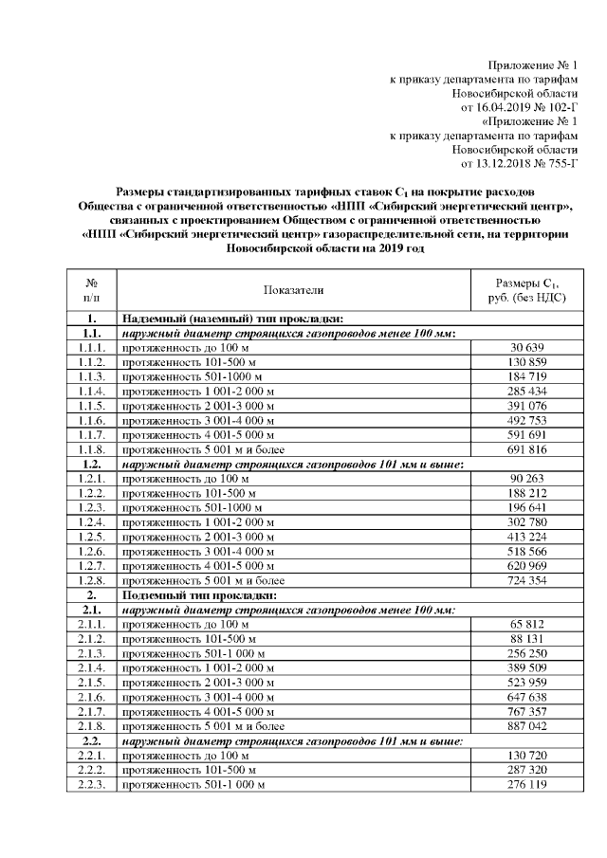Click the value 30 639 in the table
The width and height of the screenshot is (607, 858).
coord(526,349)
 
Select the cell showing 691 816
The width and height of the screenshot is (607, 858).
coord(526,448)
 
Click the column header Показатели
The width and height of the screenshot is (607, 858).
coord(293,290)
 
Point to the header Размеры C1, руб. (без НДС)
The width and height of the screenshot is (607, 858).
coord(526,290)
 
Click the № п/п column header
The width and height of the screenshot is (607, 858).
coord(92,290)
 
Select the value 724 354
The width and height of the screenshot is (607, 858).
coord(526,579)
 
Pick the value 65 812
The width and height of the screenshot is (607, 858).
coord(526,624)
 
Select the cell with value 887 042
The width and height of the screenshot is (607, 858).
coord(526,725)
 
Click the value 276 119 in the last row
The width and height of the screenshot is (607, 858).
coord(526,785)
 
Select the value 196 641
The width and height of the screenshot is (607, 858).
coord(526,507)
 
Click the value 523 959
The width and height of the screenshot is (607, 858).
coord(526,682)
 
